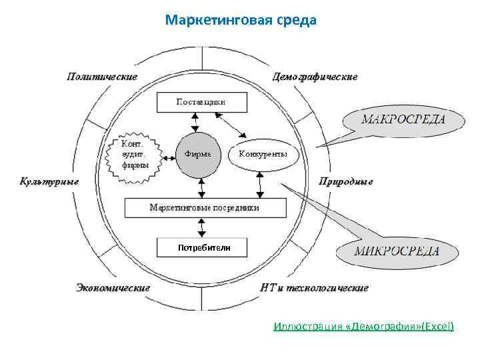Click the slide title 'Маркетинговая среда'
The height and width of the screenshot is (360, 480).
(241, 20)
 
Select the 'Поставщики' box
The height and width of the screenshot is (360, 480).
(201, 102)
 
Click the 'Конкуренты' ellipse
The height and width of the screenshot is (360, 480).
(263, 155)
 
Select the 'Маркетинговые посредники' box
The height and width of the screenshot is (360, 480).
(205, 207)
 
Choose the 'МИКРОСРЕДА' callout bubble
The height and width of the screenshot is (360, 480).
(396, 251)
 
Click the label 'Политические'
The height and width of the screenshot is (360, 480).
(102, 76)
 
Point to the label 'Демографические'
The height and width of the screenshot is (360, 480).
(315, 76)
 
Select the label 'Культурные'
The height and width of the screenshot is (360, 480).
(49, 181)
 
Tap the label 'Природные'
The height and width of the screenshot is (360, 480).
(346, 181)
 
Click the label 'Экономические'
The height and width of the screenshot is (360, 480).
(113, 288)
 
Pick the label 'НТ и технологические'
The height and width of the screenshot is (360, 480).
(315, 288)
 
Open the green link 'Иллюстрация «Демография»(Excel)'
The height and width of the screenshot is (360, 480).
(363, 326)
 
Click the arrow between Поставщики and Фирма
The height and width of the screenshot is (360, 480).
(195, 122)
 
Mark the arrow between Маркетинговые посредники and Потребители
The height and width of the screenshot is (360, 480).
(195, 227)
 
